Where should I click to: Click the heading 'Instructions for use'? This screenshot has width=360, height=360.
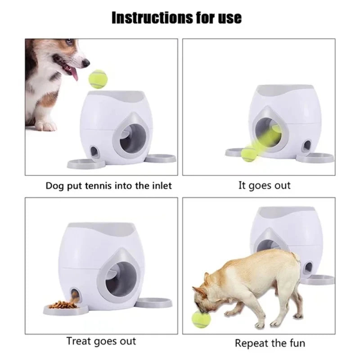176,18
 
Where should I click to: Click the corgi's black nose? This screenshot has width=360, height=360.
87,63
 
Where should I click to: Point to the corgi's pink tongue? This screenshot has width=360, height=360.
74,73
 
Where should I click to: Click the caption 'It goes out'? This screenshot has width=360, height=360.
264,185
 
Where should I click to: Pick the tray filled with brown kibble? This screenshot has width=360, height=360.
63,306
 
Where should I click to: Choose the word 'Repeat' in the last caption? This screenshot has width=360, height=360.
251,343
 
